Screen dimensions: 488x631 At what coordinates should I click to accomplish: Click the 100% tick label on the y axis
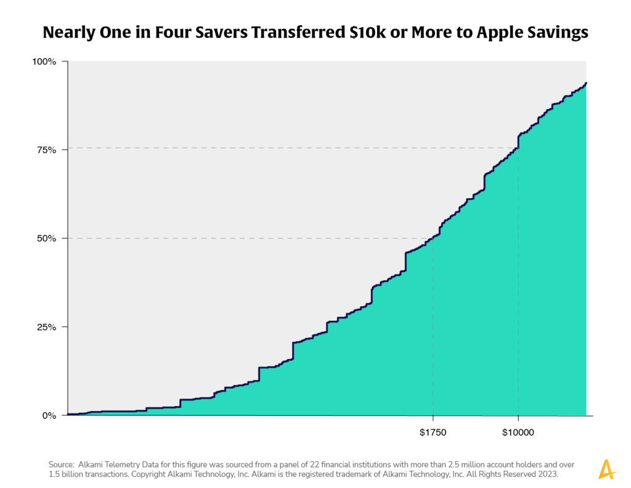(x=45, y=62)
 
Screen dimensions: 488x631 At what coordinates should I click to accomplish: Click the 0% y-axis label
(x=49, y=415)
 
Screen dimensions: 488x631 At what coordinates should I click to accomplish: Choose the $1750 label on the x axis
(x=433, y=432)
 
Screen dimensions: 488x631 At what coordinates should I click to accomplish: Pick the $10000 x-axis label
(x=518, y=432)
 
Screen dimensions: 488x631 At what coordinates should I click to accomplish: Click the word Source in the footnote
(x=61, y=464)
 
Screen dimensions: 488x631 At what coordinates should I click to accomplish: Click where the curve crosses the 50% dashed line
(x=430, y=238)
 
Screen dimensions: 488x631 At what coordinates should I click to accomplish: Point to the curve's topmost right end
(x=586, y=83)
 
